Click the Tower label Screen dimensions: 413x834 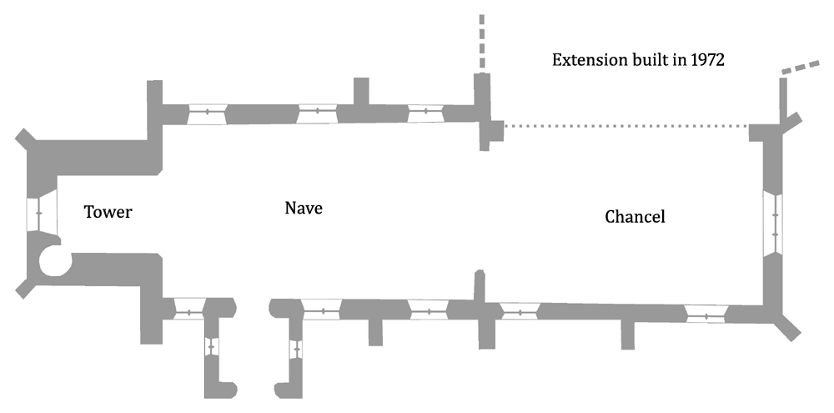(x=108, y=212)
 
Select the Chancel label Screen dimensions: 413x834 (x=635, y=217)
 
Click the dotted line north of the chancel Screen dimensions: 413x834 (x=625, y=126)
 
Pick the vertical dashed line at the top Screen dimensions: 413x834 (x=481, y=42)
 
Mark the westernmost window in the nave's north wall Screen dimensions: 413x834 (x=207, y=113)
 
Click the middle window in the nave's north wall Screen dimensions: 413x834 (x=317, y=113)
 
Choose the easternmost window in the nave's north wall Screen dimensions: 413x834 (x=425, y=112)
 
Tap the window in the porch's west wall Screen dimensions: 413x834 (x=211, y=344)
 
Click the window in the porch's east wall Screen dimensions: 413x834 (x=294, y=347)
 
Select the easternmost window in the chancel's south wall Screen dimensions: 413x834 (x=706, y=315)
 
